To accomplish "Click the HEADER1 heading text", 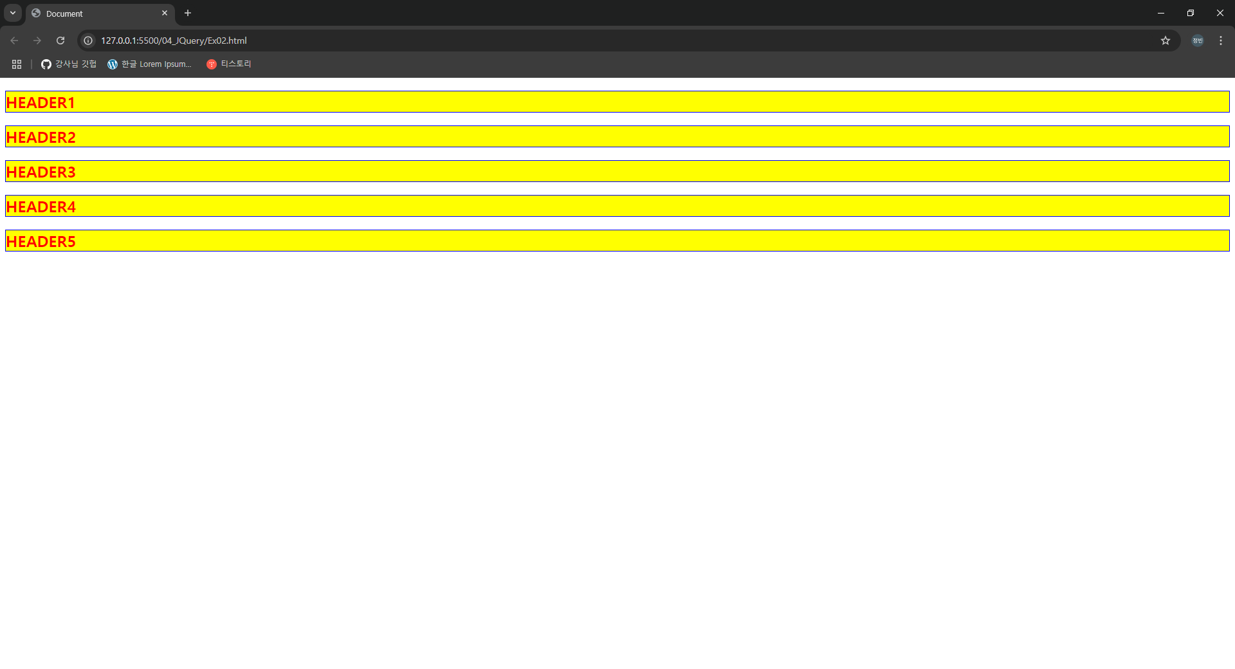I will coord(41,103).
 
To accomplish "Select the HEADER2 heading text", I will coord(41,138).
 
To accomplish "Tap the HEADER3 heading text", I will coord(41,172).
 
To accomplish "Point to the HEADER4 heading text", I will coord(41,207).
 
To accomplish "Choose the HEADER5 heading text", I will coord(41,242).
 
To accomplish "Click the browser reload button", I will coord(60,41).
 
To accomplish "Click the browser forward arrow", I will coord(37,41).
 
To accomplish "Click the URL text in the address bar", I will coord(174,41).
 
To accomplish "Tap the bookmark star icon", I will coord(1166,41).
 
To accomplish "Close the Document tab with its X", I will coord(165,13).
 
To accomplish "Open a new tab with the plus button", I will coord(188,13).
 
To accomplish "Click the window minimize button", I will coord(1161,13).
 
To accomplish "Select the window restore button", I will coord(1191,13).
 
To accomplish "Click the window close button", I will coord(1220,13).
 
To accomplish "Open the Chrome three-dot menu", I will coord(1221,41).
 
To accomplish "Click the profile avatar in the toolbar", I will coord(1198,41).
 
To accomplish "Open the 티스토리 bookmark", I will coord(229,64).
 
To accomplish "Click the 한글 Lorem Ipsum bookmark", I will coord(150,64).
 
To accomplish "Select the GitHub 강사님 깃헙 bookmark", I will coord(69,64).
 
